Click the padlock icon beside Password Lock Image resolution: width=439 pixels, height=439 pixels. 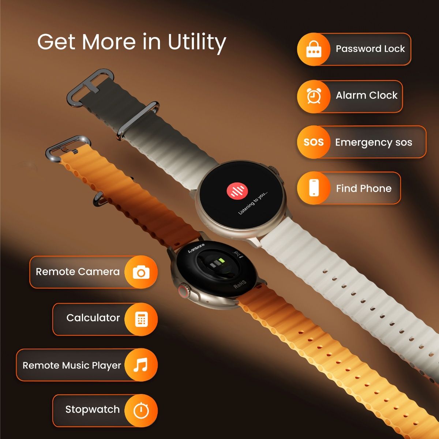314,49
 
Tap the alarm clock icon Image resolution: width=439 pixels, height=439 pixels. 314,96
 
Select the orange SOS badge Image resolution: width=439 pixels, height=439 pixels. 314,142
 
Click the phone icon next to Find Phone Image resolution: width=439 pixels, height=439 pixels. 314,188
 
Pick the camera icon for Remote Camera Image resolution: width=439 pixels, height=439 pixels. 141,272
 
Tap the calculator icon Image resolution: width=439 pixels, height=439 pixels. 141,319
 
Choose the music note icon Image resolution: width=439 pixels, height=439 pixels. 141,365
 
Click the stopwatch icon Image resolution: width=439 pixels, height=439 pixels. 141,410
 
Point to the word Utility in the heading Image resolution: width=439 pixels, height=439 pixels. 197,42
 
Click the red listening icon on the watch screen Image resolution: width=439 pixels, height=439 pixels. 237,191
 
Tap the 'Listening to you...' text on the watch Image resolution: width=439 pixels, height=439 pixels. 253,202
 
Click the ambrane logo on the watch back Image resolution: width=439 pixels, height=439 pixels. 196,248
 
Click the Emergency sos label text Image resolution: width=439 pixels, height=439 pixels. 374,142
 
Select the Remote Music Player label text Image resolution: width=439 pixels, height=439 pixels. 72,365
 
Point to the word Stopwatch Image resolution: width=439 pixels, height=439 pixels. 92,409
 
